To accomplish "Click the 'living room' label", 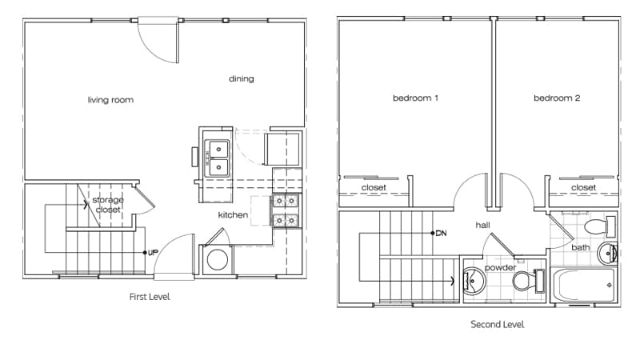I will (x=110, y=100).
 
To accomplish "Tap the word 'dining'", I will (x=241, y=78).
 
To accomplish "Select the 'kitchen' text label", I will (x=233, y=215).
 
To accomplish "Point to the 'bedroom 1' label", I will (x=415, y=98).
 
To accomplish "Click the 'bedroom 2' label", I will (x=557, y=98).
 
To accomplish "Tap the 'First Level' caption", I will (x=150, y=297).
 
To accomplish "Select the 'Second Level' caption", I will (x=498, y=325).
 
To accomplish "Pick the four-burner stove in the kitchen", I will (x=286, y=211).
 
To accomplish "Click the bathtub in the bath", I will (x=584, y=283).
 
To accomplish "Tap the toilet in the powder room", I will (x=525, y=281).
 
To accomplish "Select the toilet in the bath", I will (x=596, y=223).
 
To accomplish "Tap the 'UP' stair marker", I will (x=151, y=252).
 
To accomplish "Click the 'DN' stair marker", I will (x=439, y=234).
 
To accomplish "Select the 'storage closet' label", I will (x=107, y=204).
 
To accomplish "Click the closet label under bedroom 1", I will (x=374, y=188).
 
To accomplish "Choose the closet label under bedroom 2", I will (x=583, y=188).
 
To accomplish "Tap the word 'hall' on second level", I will (x=482, y=226).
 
